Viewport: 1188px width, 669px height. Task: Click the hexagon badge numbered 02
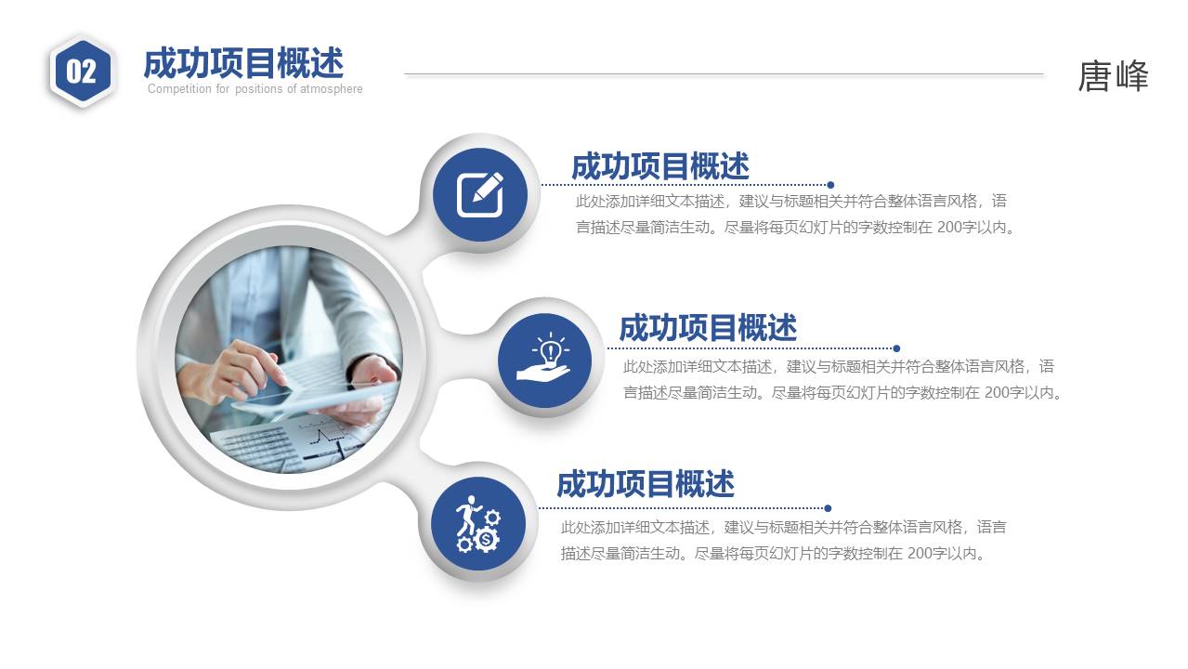point(82,71)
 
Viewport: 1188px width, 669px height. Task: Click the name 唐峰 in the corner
point(1113,76)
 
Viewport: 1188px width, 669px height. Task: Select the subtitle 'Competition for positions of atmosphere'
point(255,89)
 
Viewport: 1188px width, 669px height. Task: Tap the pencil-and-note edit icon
point(480,194)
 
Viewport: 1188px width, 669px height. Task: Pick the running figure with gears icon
point(477,524)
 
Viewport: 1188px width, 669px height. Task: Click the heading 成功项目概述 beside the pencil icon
point(659,166)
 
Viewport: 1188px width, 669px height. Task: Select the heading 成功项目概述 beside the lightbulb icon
point(708,328)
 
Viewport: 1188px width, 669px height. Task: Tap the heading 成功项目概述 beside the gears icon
point(646,484)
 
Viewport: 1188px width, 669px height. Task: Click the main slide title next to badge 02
point(243,63)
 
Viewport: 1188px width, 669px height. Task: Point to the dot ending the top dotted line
point(830,185)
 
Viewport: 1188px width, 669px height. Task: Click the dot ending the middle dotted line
point(896,348)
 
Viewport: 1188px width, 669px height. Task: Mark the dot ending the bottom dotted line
point(828,508)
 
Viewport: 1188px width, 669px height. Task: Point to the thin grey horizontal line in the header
point(724,73)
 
